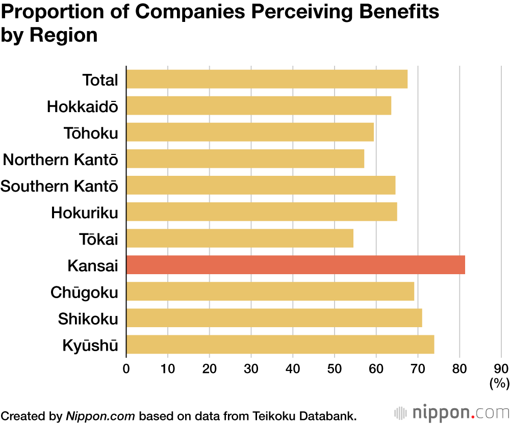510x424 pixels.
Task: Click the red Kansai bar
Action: coord(295,265)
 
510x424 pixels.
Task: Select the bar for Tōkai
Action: coord(240,238)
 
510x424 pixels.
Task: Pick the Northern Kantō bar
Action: coord(245,159)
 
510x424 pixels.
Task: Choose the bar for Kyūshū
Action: coord(280,344)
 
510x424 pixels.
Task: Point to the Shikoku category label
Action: coord(88,319)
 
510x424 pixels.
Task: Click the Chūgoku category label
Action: coord(84,293)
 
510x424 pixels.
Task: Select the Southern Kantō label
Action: coord(59,186)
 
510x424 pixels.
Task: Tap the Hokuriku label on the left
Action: coord(85,213)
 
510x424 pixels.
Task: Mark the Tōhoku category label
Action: coord(91,133)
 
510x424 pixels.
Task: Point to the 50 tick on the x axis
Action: coord(335,368)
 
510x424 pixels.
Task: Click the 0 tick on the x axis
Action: coord(126,368)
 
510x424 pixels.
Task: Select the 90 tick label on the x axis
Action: coord(501,368)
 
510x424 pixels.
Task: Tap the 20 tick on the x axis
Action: coord(210,368)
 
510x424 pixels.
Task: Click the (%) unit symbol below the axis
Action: coord(499,383)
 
